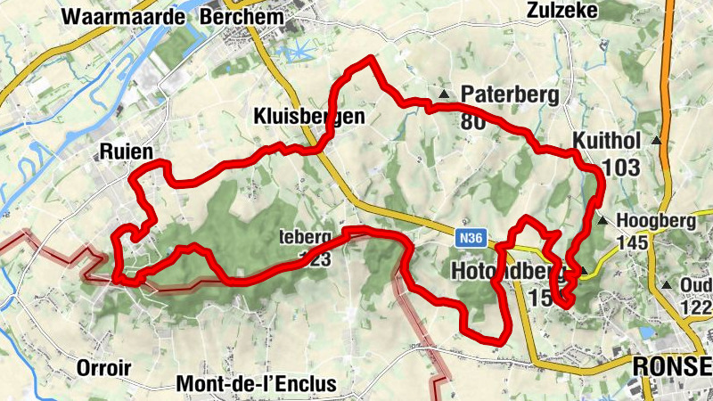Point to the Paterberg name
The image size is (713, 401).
[x=509, y=94]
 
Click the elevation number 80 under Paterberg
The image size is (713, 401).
[x=473, y=120]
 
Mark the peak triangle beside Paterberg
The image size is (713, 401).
[x=443, y=94]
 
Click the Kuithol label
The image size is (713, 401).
[x=608, y=141]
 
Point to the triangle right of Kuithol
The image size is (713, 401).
[x=658, y=141]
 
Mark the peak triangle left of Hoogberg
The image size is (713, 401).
[x=603, y=219]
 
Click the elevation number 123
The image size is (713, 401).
[x=316, y=259]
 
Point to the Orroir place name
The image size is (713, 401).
[x=103, y=368]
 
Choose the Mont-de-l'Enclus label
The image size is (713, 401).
[x=258, y=384]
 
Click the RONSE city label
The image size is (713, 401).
[x=672, y=367]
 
